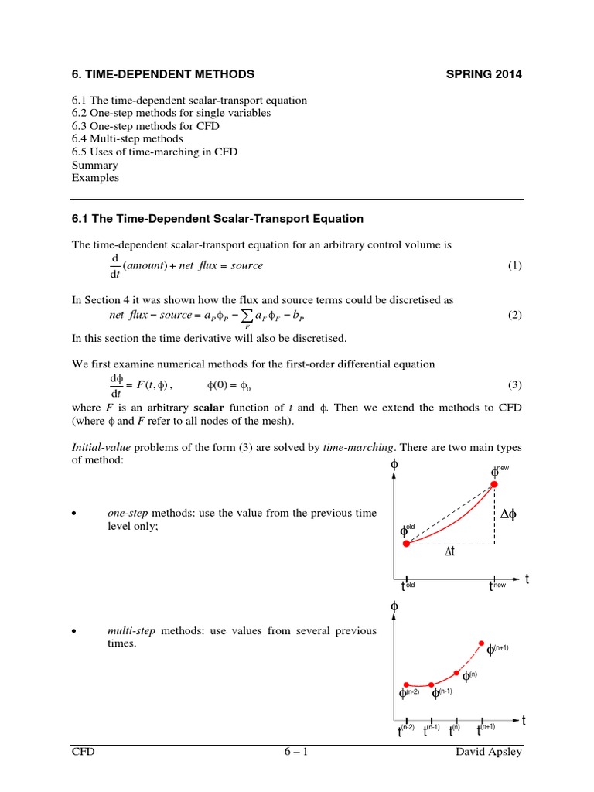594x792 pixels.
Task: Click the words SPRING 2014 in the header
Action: pos(484,74)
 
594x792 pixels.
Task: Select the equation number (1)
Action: pos(515,266)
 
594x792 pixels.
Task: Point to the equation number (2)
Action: pos(515,316)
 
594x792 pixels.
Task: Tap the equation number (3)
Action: pos(515,385)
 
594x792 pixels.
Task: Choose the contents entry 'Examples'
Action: pos(95,178)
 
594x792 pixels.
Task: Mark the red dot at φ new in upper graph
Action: pos(494,485)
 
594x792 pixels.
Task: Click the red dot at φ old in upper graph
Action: pos(405,544)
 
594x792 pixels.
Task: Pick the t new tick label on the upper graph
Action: pos(496,585)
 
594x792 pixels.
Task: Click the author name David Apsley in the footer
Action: pos(490,753)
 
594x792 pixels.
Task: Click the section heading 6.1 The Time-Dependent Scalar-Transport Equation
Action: pos(217,219)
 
